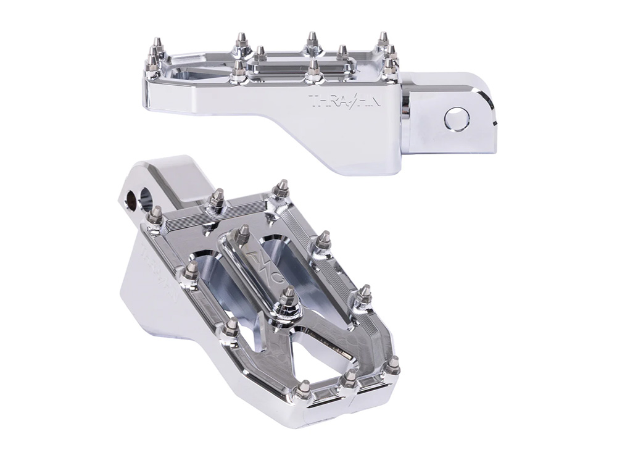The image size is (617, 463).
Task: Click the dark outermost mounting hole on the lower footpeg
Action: coord(131,199)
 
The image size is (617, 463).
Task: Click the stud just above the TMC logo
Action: coord(243,233)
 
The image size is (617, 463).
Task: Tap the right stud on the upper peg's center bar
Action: coord(342,52)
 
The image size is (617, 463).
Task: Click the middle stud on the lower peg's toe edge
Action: coord(350,377)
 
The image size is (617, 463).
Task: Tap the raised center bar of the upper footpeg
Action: coord(302,62)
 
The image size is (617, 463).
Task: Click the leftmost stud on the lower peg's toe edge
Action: coord(303,389)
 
